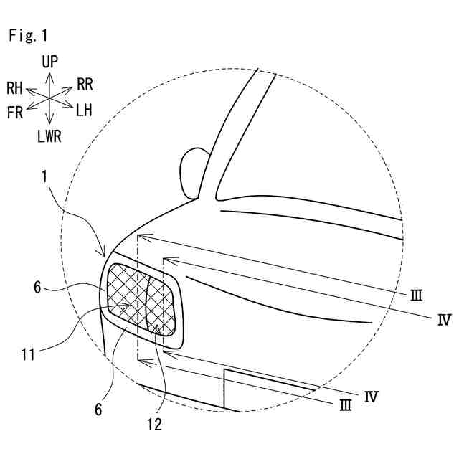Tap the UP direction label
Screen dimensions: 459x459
point(49,62)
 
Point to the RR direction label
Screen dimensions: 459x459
point(85,85)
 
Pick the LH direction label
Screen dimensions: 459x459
point(84,110)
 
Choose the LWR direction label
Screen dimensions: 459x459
point(49,136)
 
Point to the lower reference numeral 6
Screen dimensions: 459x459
point(98,410)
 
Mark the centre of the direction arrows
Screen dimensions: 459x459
point(49,98)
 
